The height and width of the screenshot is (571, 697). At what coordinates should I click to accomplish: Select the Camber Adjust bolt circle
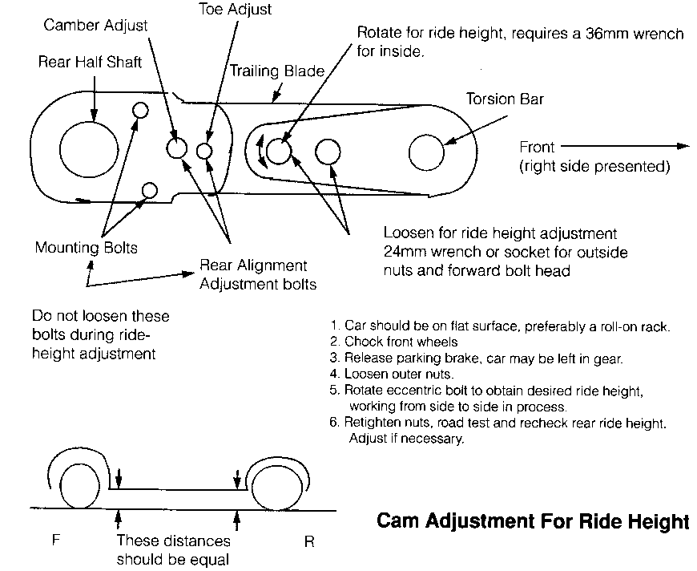177,148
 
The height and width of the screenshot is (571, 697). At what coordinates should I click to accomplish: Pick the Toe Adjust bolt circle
204,151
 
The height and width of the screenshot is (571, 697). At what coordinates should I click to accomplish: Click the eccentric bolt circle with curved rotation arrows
278,151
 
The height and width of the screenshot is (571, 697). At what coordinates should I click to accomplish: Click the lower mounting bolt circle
148,190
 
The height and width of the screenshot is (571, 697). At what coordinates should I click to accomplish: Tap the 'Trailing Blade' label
277,71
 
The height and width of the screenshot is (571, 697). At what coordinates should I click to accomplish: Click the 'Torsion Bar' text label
505,99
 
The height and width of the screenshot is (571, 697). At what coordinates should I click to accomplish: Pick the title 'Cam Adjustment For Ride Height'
532,522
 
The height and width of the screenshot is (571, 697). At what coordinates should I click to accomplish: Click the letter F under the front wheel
56,541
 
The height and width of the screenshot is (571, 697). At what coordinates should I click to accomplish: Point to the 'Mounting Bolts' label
86,248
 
